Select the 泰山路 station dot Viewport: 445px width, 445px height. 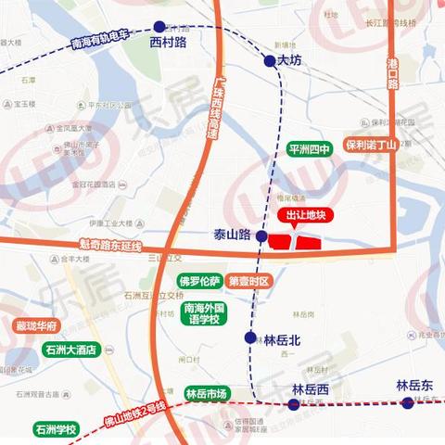(262, 237)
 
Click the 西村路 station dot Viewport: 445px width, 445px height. (160, 27)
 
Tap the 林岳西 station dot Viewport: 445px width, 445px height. (294, 403)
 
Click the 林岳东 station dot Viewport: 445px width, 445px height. (407, 402)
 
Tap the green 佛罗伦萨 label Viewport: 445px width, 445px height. (199, 281)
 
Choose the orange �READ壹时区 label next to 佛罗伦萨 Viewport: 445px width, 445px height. (248, 281)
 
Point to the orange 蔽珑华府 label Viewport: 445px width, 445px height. (37, 326)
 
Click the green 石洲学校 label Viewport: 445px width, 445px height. (56, 429)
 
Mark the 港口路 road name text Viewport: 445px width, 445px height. (392, 71)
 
